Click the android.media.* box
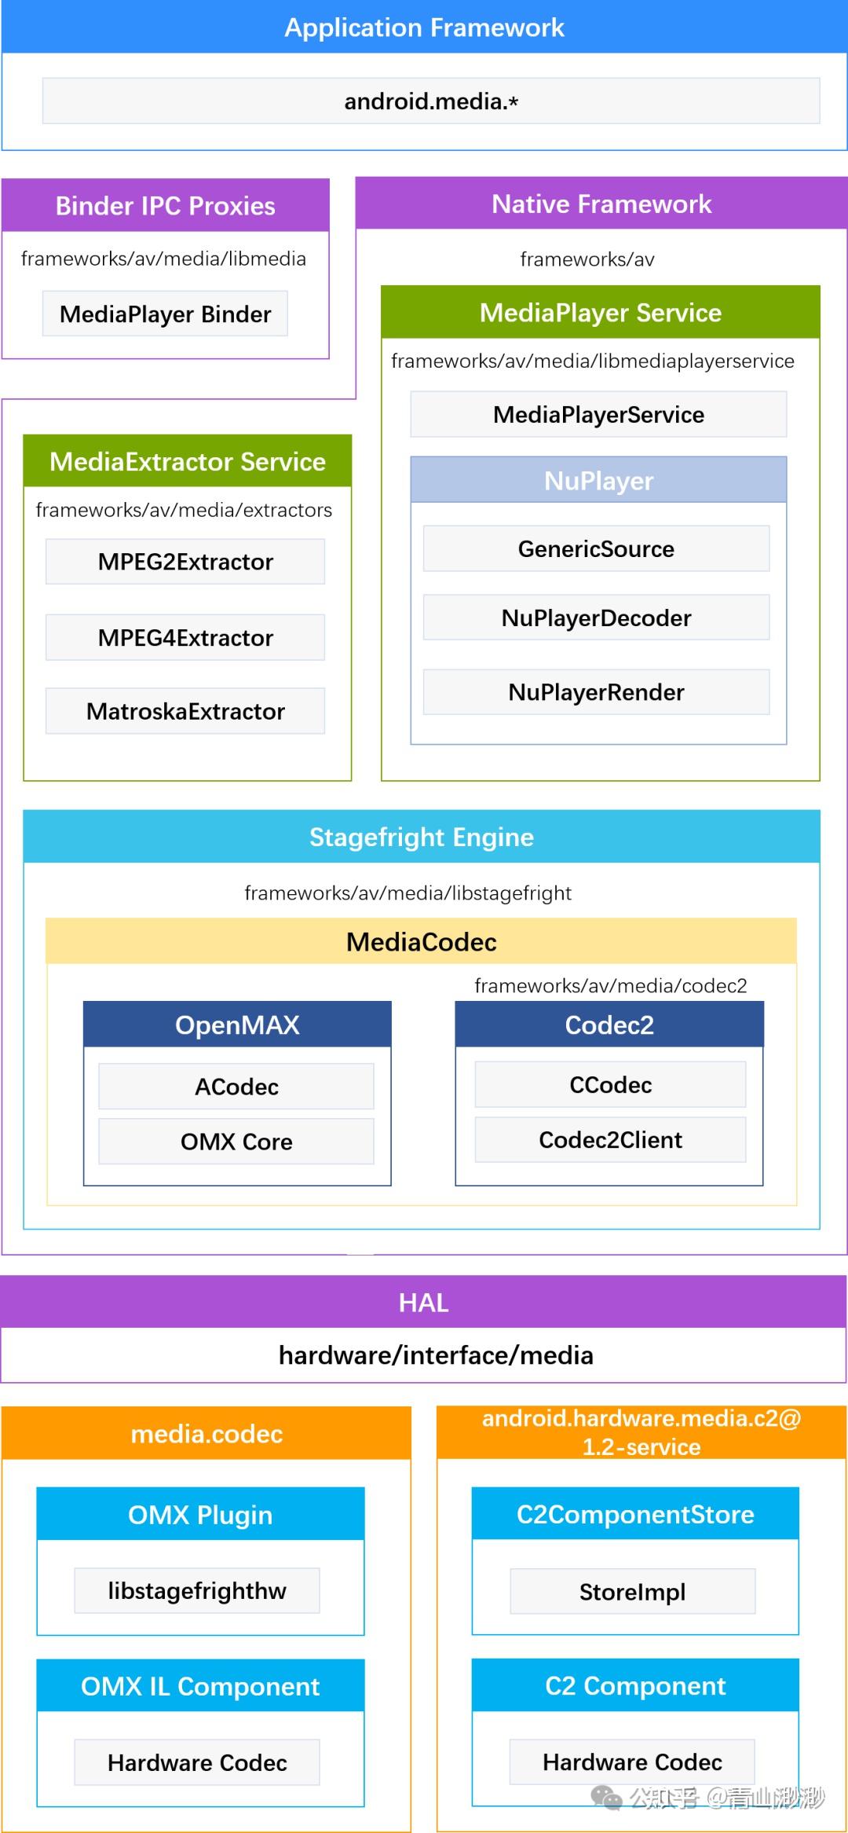coord(430,101)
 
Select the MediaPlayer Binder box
coord(165,313)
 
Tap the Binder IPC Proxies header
coord(165,205)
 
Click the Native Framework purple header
coord(601,203)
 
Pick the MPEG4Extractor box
coord(185,637)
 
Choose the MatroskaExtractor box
coord(185,711)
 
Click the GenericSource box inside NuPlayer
coord(596,548)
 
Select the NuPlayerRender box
coord(596,692)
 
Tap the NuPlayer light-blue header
coord(598,480)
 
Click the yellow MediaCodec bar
coord(421,941)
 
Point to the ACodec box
coord(236,1087)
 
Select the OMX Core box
coord(236,1142)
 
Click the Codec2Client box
coord(610,1139)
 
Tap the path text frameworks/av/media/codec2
coord(610,985)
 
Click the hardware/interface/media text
coord(436,1355)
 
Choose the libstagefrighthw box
coord(197,1590)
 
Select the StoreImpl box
coord(632,1591)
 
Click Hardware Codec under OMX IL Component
coord(197,1762)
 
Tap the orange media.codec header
coord(206,1434)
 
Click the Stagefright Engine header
coord(421,837)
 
